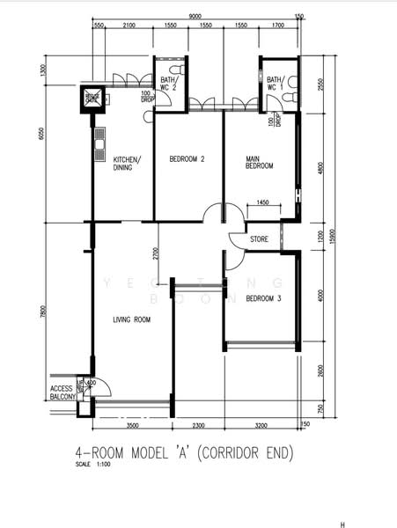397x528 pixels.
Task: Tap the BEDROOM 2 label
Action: click(x=187, y=159)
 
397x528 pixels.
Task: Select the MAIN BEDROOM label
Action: click(x=260, y=162)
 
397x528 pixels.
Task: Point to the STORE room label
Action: click(x=259, y=238)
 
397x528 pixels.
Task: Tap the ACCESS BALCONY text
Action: click(x=62, y=392)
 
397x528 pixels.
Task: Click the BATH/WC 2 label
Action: click(x=168, y=84)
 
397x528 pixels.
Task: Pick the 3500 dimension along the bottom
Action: click(x=132, y=425)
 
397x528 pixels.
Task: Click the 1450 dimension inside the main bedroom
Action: click(x=263, y=203)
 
